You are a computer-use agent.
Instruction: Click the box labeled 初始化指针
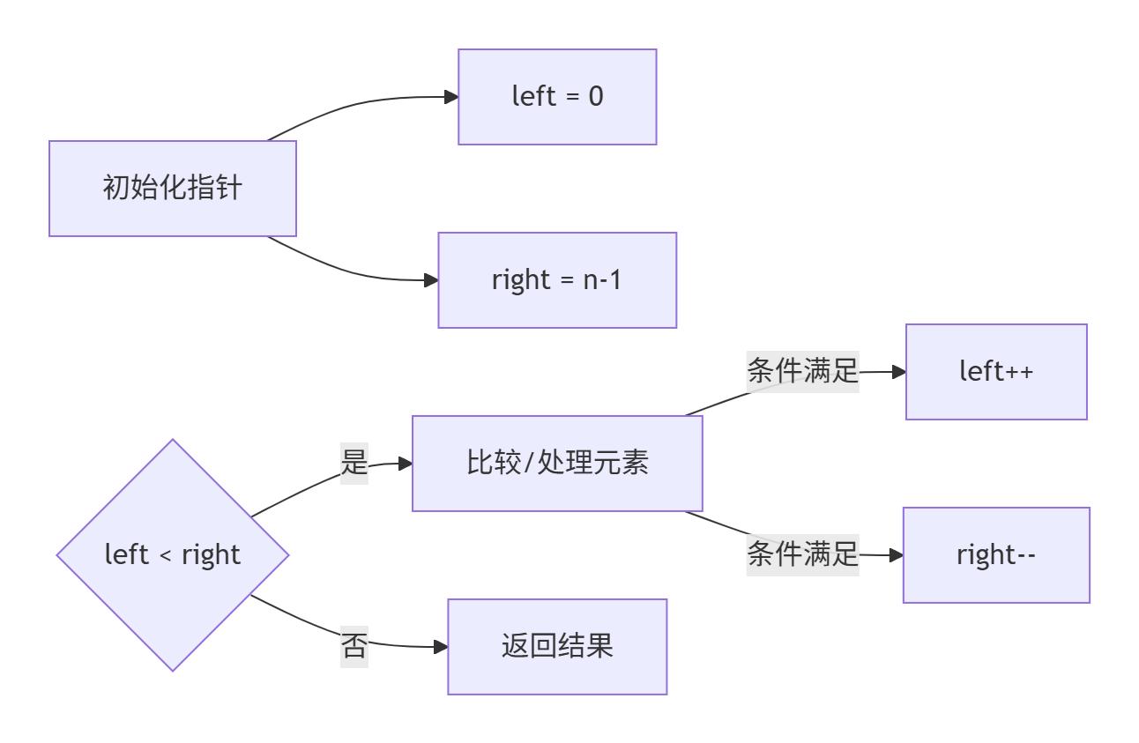(x=173, y=189)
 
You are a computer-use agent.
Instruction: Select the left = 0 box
(x=557, y=97)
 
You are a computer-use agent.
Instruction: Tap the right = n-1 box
(x=557, y=280)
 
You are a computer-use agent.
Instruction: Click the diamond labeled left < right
(x=173, y=555)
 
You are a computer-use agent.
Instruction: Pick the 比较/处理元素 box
(x=557, y=464)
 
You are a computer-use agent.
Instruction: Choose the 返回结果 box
(x=557, y=647)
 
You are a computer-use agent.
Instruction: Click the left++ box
(x=996, y=372)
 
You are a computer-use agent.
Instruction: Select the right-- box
(x=996, y=555)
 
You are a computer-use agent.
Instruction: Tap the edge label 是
(x=354, y=462)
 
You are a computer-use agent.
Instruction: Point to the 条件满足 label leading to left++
(x=802, y=371)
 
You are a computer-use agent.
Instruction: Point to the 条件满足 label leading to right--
(x=802, y=554)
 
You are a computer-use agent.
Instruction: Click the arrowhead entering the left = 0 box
(x=450, y=97)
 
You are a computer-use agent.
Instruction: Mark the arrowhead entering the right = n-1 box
(x=431, y=280)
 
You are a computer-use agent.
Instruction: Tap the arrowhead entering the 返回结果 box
(x=441, y=647)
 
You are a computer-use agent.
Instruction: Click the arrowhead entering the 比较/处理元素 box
(x=406, y=464)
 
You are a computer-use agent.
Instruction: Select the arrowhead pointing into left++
(x=899, y=372)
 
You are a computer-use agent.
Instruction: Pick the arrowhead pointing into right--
(x=897, y=555)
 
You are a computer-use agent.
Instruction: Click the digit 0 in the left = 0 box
(x=596, y=97)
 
